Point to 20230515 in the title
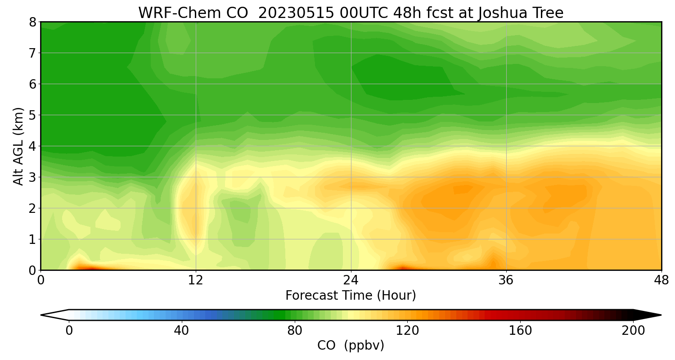[x=296, y=13]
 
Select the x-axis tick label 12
[x=196, y=281]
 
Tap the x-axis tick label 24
[x=351, y=281]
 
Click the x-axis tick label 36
[x=506, y=281]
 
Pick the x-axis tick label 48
[x=661, y=281]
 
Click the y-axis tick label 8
[x=32, y=22]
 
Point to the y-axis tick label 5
[x=32, y=115]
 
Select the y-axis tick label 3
[x=32, y=177]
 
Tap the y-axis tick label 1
[x=32, y=239]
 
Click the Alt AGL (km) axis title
[x=18, y=146]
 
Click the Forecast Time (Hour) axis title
[x=351, y=296]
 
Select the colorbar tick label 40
[x=182, y=331]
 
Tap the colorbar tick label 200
[x=633, y=331]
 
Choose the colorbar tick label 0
[x=69, y=331]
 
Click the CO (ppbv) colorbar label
[x=351, y=346]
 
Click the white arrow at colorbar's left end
[x=55, y=315]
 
